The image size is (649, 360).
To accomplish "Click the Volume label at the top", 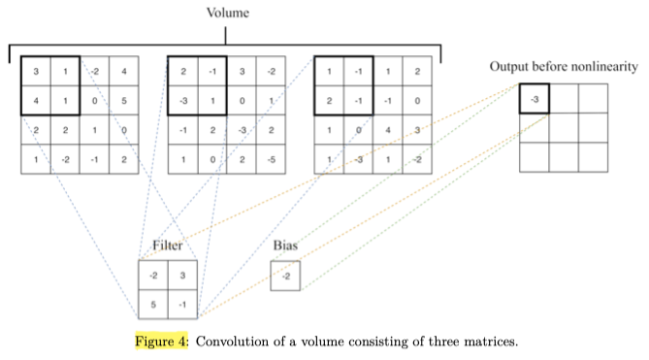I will tap(226, 13).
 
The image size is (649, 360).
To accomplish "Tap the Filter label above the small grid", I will tap(167, 246).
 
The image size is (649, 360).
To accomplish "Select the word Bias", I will tap(285, 246).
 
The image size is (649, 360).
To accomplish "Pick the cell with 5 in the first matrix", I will tap(123, 100).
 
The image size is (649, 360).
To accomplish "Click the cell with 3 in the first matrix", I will tap(36, 71).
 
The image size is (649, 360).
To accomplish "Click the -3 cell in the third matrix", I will tap(358, 158).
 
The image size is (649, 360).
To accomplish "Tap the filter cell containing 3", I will tap(182, 276).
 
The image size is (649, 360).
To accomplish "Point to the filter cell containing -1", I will tap(182, 304).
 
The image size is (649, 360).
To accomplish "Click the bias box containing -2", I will tap(285, 277).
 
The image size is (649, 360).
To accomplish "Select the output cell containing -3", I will tap(535, 99).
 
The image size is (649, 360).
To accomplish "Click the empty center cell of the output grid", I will tap(564, 128).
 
